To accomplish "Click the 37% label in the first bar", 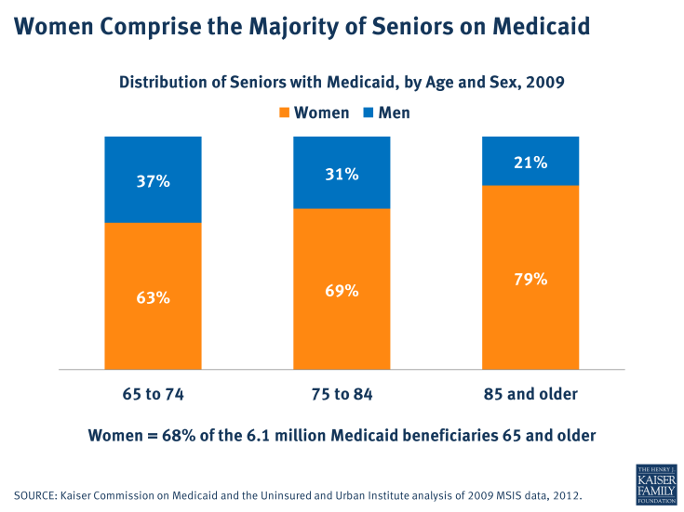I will [x=153, y=181].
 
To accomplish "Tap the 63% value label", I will [x=153, y=298].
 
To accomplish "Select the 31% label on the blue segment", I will [x=342, y=174].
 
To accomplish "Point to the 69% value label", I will [x=342, y=291].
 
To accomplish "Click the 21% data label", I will [x=530, y=163].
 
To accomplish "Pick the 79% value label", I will [x=530, y=280].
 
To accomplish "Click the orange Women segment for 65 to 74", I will [x=153, y=335].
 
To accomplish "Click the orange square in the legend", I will [x=285, y=113].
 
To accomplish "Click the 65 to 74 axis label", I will [x=153, y=394].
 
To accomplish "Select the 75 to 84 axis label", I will [x=342, y=394].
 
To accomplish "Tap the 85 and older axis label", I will [x=530, y=394].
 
